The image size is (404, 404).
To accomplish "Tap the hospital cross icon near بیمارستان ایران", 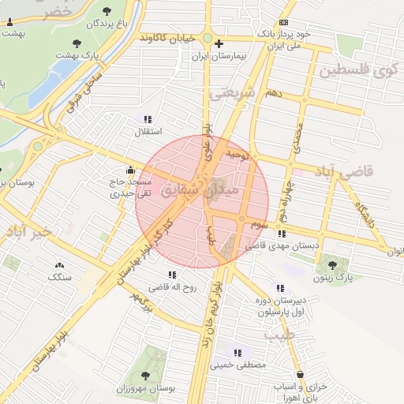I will (219, 43).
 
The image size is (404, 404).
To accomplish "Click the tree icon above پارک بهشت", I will (77, 43).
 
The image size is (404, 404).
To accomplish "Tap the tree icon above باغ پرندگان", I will (107, 11).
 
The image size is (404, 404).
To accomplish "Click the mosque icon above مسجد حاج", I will (130, 170).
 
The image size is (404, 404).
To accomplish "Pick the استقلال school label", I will (147, 131).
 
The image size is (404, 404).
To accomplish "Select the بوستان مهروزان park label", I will (146, 389).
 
